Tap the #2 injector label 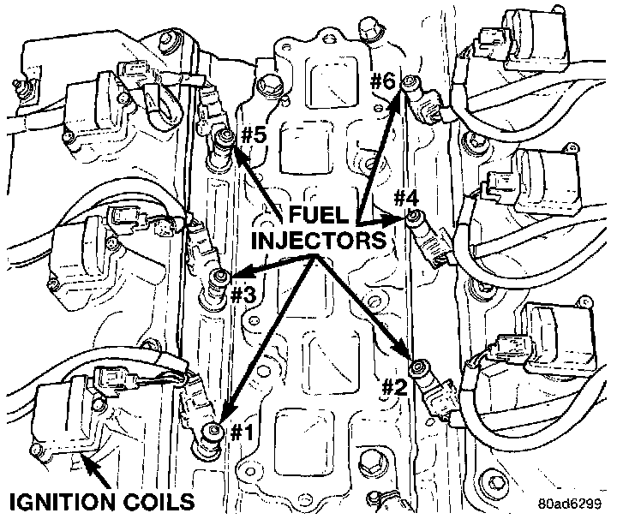click(393, 386)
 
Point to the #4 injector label click(406, 198)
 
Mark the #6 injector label click(383, 82)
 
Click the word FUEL click(317, 213)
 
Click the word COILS click(159, 499)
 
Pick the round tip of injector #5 click(225, 137)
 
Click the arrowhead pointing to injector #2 click(404, 355)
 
